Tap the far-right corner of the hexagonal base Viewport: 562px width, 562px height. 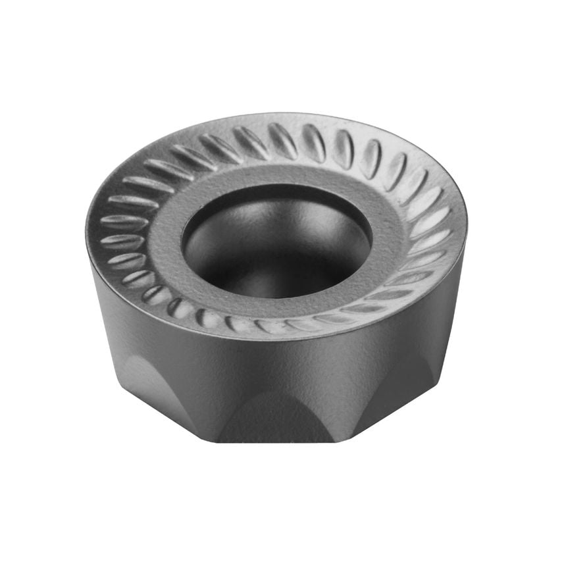438,382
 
